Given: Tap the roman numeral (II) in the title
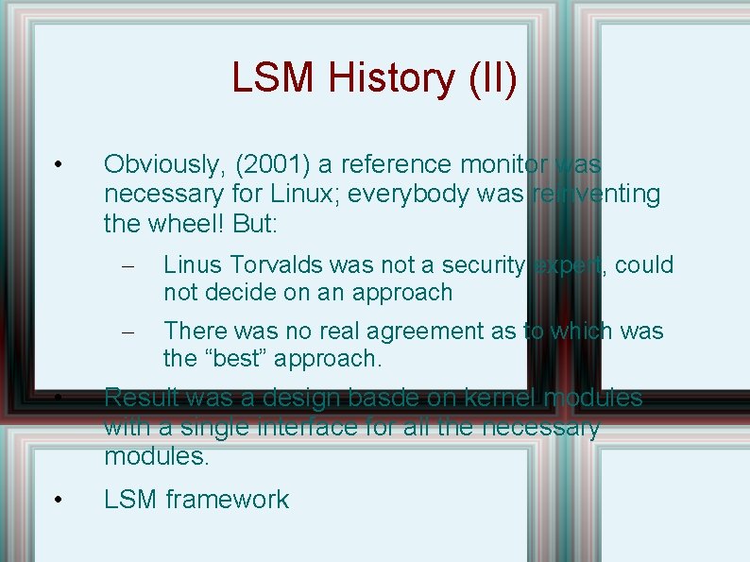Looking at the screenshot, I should (x=492, y=78).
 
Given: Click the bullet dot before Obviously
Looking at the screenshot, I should (x=59, y=165).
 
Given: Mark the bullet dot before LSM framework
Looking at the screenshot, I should (x=59, y=500).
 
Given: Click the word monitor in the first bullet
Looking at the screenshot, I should (x=500, y=164).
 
